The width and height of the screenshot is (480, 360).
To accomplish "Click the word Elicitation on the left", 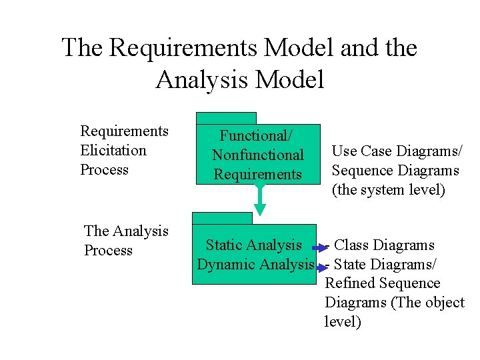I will pyautogui.click(x=113, y=150).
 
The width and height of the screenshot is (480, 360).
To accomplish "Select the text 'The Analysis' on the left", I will pyautogui.click(x=126, y=231).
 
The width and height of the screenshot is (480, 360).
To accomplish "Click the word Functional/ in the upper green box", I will pyautogui.click(x=256, y=136).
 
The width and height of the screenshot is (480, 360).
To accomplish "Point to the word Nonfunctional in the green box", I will pyautogui.click(x=258, y=155).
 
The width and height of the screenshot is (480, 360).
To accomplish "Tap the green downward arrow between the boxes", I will pyautogui.click(x=260, y=200).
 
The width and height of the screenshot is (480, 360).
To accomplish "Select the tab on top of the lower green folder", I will pyautogui.click(x=222, y=218).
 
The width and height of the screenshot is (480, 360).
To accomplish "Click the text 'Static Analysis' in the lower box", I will pyautogui.click(x=253, y=245).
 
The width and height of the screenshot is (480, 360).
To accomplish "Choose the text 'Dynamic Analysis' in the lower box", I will pyautogui.click(x=255, y=264).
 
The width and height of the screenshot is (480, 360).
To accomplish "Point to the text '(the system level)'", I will pyautogui.click(x=388, y=190).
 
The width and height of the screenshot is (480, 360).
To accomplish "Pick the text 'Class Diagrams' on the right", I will pyautogui.click(x=384, y=245).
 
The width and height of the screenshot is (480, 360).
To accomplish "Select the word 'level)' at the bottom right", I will pyautogui.click(x=343, y=322).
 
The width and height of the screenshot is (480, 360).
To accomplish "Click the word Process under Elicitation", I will pyautogui.click(x=104, y=169).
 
